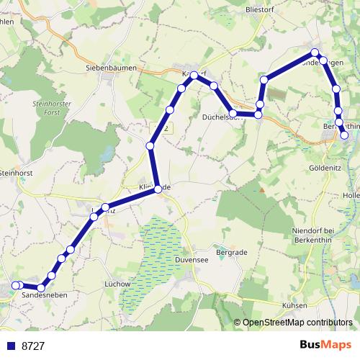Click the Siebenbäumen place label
pos(107,67)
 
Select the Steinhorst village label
pos(17,173)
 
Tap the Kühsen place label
pos(295,305)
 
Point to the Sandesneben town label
pos(40,296)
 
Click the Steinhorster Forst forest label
pos(50,108)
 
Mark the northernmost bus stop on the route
pos(315,53)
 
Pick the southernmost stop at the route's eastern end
pos(344,135)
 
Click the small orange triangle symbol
pos(262,189)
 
